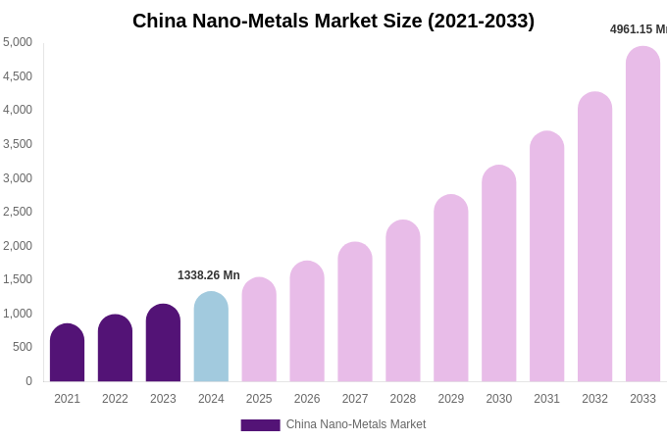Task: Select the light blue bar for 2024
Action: [211, 337]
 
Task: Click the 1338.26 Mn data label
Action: [208, 275]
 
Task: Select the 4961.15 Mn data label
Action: [638, 29]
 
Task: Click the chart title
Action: [333, 21]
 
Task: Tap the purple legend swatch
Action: [260, 425]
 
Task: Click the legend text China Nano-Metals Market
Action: [356, 424]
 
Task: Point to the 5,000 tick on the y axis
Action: [18, 42]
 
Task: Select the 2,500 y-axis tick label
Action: [18, 212]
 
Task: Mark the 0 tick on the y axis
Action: [28, 381]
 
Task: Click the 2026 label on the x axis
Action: [307, 399]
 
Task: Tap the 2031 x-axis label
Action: [546, 399]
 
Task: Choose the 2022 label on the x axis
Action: [115, 399]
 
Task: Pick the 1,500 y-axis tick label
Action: [18, 279]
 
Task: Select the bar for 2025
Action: [259, 330]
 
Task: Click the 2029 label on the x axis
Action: [450, 399]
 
